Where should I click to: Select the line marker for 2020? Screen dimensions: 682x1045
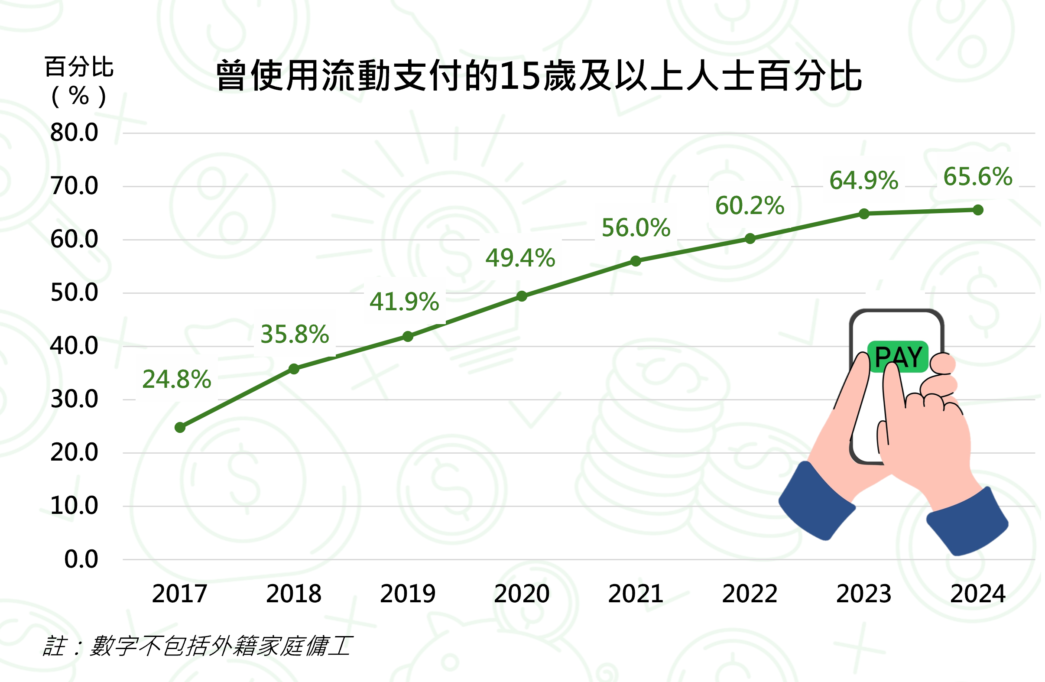click(522, 296)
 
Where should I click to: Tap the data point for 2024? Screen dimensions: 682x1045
click(978, 210)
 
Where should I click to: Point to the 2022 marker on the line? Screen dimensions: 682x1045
click(750, 239)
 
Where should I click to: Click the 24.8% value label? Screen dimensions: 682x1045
click(177, 380)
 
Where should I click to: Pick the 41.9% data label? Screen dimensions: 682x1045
click(404, 302)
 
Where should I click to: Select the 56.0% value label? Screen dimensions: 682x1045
click(636, 228)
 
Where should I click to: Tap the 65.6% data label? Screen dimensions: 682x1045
click(978, 177)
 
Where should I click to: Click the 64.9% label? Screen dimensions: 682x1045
click(863, 181)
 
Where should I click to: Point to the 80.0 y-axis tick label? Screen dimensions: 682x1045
click(74, 133)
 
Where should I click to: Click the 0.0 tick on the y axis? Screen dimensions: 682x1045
click(81, 559)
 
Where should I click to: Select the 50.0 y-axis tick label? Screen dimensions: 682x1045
click(74, 293)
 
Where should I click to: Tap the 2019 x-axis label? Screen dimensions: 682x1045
click(407, 594)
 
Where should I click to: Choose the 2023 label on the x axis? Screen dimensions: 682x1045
click(863, 594)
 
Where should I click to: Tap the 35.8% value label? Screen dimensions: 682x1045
click(295, 335)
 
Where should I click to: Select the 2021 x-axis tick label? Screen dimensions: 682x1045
click(636, 594)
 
